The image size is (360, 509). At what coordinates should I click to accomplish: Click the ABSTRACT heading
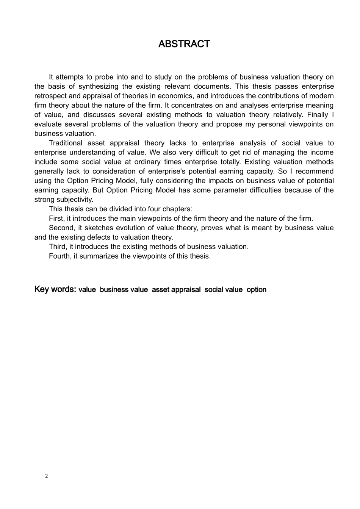184,44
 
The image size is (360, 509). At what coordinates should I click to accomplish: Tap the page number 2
47,476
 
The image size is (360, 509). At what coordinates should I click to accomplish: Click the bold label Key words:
55,289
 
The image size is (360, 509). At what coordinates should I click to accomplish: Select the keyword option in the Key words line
257,290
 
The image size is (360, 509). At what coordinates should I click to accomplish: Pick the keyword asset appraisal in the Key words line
176,290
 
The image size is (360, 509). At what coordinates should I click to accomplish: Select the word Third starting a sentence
57,247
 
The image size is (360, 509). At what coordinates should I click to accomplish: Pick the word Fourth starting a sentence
59,256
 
